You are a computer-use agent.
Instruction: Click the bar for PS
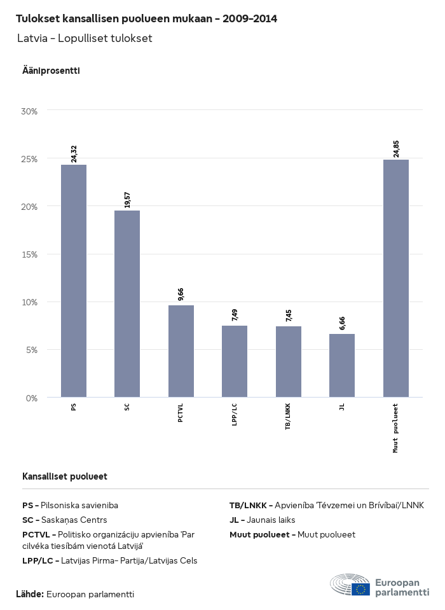coord(74,281)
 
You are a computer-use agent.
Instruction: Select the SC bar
coord(127,304)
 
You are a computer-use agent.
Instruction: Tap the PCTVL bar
coord(181,351)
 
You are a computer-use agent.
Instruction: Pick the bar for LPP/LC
coord(235,361)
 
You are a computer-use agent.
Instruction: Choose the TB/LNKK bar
coord(289,362)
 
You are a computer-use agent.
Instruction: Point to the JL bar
coord(342,366)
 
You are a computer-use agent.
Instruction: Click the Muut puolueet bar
coord(396,279)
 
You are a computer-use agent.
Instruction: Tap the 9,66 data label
coord(181,295)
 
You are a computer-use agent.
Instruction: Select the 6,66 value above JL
coord(342,323)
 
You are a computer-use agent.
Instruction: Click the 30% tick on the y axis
coord(30,111)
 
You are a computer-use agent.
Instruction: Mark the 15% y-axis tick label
coord(30,254)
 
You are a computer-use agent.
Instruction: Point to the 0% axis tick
coord(32,398)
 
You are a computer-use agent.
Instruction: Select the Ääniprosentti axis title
coord(51,71)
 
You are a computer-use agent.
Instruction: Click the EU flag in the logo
coord(360,589)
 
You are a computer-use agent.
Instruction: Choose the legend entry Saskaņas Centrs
coord(65,520)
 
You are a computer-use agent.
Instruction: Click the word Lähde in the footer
coord(29,594)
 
